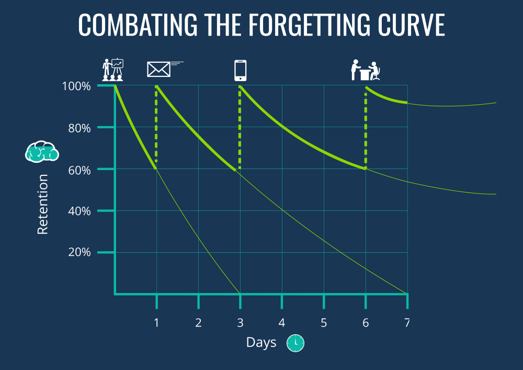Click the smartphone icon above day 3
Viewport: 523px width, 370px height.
(x=240, y=71)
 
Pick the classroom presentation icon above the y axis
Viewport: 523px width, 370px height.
(x=112, y=69)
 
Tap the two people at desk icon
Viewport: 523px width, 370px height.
(x=365, y=71)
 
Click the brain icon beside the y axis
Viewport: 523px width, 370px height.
(x=42, y=151)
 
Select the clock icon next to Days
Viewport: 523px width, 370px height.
(x=295, y=342)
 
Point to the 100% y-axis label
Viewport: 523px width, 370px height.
(x=76, y=86)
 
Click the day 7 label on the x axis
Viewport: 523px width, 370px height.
(x=407, y=322)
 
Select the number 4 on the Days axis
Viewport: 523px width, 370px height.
(x=281, y=322)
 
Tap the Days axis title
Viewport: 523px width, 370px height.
(x=261, y=342)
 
